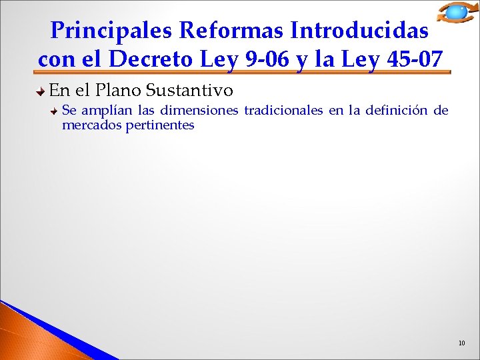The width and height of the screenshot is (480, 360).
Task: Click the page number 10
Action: [x=461, y=343]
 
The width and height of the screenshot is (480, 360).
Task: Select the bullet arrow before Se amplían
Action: [x=55, y=111]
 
